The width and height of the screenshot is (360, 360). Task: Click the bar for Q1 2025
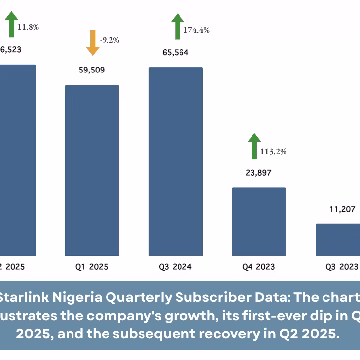[x=92, y=170]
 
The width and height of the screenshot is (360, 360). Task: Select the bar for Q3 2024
[x=176, y=161]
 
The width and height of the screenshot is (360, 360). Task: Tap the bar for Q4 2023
[x=259, y=221]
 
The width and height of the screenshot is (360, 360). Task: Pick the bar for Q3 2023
[x=338, y=240]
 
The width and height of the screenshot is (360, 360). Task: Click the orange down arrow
[x=92, y=42]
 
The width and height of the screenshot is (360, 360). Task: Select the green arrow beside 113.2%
[x=254, y=145]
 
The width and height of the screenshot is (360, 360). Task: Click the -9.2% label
[x=109, y=40]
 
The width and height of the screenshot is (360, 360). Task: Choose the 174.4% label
[x=196, y=30]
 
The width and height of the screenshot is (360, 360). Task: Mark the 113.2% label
[x=273, y=151]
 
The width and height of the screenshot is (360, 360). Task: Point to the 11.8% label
[x=28, y=27]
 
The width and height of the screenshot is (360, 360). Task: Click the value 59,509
[x=92, y=70]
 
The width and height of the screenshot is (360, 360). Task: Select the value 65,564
[x=176, y=52]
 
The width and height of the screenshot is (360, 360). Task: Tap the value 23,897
[x=259, y=173]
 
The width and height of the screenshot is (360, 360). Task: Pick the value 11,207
[x=342, y=209]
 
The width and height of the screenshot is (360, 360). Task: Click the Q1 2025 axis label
[x=92, y=267]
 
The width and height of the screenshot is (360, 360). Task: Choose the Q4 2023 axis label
[x=258, y=267]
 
